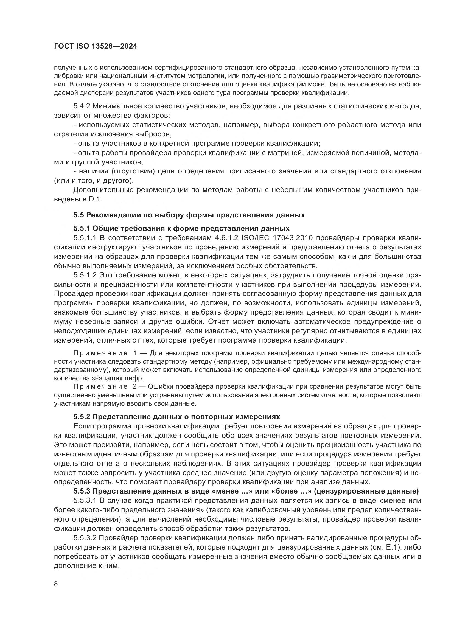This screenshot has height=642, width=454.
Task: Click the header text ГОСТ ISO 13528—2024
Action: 95,46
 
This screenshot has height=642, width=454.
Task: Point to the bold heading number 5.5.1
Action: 82,228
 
